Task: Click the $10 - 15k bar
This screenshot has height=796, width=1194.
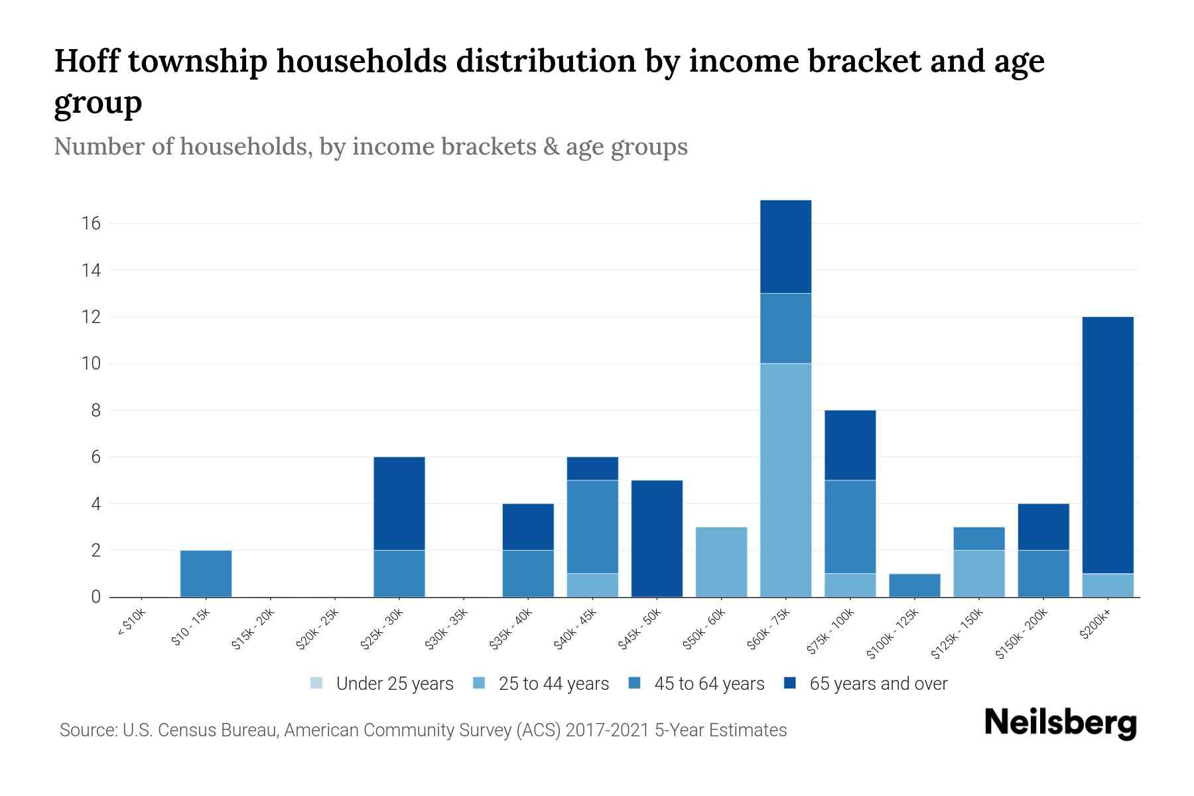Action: [x=206, y=574]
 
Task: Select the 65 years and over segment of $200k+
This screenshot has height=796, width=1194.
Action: [x=1107, y=445]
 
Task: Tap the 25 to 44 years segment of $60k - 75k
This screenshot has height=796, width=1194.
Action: [x=785, y=480]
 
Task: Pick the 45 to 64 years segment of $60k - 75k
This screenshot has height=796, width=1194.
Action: [x=785, y=328]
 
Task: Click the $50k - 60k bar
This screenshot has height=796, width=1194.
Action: [x=721, y=562]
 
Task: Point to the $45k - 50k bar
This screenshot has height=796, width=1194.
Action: [x=657, y=539]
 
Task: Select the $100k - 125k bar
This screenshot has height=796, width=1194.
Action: [x=914, y=585]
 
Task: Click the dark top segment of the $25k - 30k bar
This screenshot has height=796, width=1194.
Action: [x=399, y=503]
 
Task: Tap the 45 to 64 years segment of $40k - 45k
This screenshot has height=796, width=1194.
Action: [x=592, y=527]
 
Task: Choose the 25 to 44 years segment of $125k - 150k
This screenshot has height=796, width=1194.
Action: [x=978, y=574]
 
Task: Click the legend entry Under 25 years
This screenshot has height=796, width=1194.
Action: [x=382, y=683]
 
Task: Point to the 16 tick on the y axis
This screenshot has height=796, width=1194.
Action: [x=92, y=224]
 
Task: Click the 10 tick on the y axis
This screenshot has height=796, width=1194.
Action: [x=92, y=364]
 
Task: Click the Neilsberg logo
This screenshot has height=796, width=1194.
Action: [x=1060, y=723]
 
